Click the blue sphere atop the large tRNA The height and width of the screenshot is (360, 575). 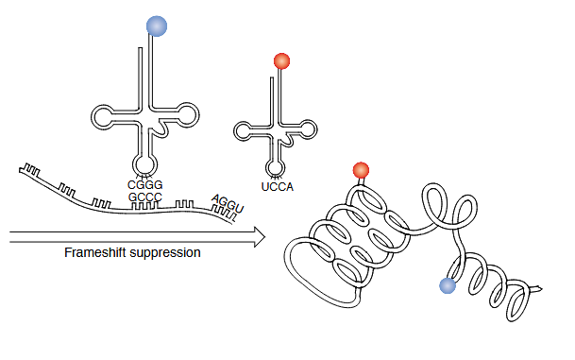click(x=157, y=26)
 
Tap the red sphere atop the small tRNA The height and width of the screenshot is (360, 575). click(x=280, y=62)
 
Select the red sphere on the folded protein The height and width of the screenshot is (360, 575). click(x=360, y=170)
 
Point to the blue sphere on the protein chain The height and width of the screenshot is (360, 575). click(x=448, y=285)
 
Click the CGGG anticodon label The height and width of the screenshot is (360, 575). click(x=145, y=183)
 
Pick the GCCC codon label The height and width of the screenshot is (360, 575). click(x=145, y=197)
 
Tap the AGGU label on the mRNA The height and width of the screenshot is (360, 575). click(x=228, y=202)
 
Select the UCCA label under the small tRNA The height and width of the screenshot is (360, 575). click(x=276, y=187)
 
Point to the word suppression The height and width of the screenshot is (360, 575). click(x=169, y=254)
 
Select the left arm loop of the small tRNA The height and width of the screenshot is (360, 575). click(x=243, y=131)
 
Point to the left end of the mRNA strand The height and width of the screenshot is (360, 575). click(x=19, y=169)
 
